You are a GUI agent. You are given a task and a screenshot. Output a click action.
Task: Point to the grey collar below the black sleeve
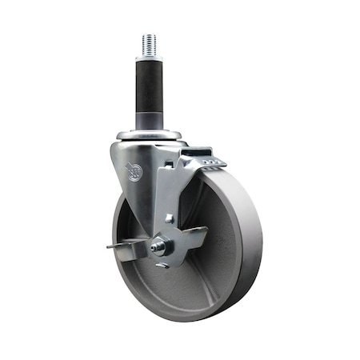tap(148, 121)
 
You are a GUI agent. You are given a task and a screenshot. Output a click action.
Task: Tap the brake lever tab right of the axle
tap(192, 237)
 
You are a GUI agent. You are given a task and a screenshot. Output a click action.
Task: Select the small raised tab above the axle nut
tap(169, 218)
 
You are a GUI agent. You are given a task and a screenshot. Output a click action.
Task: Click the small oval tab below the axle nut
tap(162, 265)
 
